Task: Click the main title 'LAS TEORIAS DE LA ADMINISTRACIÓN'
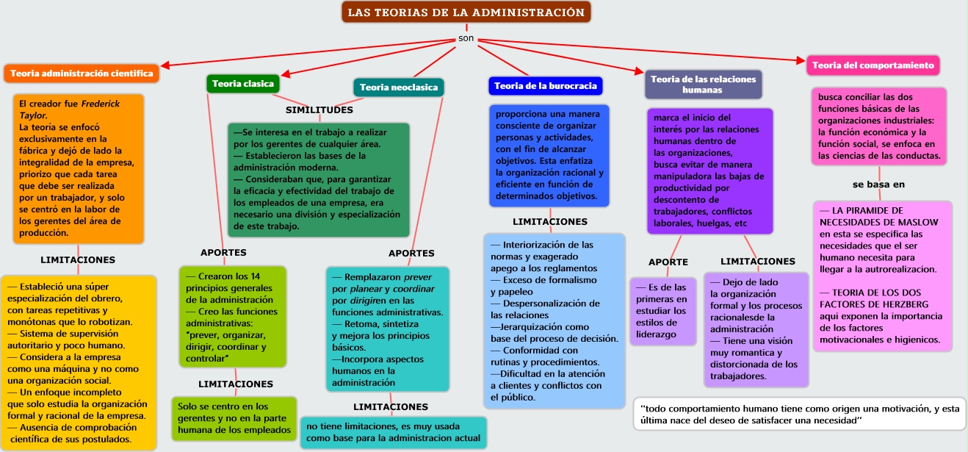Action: click(x=466, y=12)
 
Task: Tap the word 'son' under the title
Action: click(x=466, y=38)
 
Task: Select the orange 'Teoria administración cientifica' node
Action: click(x=82, y=73)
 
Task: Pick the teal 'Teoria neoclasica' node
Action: click(x=399, y=87)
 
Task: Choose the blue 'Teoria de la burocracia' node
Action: click(x=545, y=86)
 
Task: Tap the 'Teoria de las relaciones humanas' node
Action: click(x=703, y=85)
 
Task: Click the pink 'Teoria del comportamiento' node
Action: click(x=873, y=65)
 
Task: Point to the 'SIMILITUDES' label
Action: click(x=319, y=110)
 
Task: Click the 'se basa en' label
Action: click(x=878, y=184)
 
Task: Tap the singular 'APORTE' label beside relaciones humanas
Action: click(x=668, y=262)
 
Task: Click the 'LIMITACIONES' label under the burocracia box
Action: click(x=549, y=221)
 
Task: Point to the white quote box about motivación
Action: click(x=799, y=414)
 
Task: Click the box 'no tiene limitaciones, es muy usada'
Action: click(x=393, y=432)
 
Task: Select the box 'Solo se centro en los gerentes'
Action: click(x=234, y=417)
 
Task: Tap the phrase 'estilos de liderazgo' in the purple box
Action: click(x=661, y=322)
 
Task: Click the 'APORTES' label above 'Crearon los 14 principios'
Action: click(x=223, y=253)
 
